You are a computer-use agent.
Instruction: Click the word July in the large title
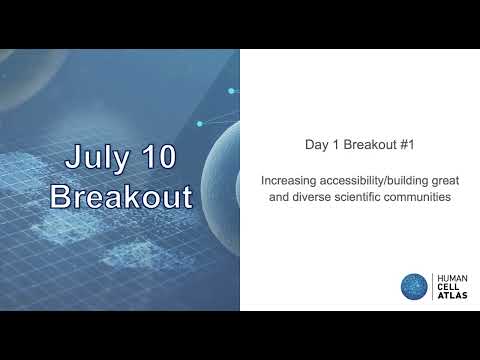(x=104, y=157)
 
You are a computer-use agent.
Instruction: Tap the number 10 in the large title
(x=160, y=157)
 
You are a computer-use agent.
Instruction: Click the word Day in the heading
(x=316, y=144)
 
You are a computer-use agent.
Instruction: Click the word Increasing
(x=288, y=182)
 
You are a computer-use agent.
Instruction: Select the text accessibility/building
(x=374, y=182)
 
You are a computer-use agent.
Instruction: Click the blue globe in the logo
(x=414, y=286)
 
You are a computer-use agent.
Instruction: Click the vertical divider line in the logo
(x=432, y=286)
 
